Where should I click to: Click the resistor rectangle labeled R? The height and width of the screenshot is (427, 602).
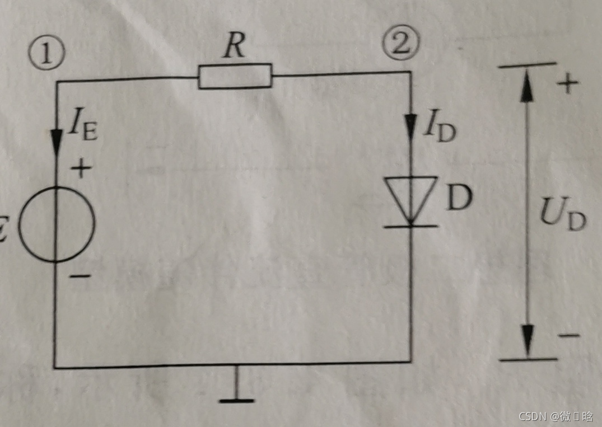(235, 76)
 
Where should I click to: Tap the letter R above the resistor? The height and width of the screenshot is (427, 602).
(234, 48)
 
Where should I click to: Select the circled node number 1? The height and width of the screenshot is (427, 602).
(47, 54)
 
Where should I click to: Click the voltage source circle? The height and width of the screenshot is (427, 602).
(57, 224)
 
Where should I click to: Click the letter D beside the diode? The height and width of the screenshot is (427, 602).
(459, 197)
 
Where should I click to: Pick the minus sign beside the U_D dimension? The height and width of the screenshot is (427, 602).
(568, 335)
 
